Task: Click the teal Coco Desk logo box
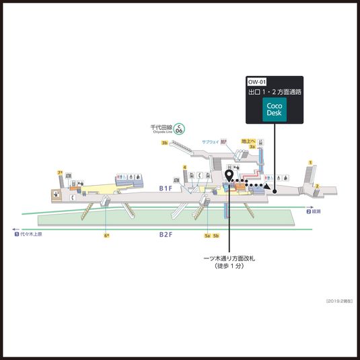(274, 110)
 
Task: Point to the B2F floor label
(166, 234)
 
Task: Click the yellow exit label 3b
(164, 143)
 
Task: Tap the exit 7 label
(60, 173)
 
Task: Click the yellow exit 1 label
(310, 162)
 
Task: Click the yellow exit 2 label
(316, 186)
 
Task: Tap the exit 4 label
(184, 167)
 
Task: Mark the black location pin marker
(229, 176)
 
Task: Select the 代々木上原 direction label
(28, 234)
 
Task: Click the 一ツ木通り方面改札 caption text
(229, 258)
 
